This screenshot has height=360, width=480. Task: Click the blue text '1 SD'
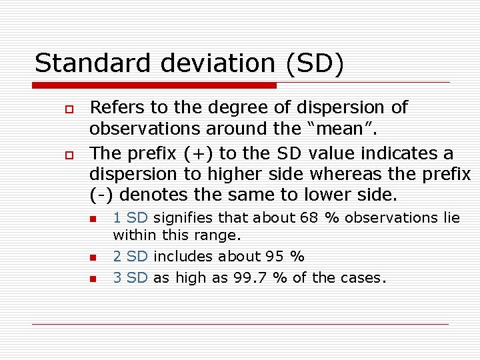pyautogui.click(x=130, y=217)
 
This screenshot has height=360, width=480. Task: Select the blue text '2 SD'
pyautogui.click(x=130, y=257)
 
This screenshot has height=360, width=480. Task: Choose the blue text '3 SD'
pyautogui.click(x=130, y=278)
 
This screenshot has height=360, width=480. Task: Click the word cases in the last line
pyautogui.click(x=363, y=278)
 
